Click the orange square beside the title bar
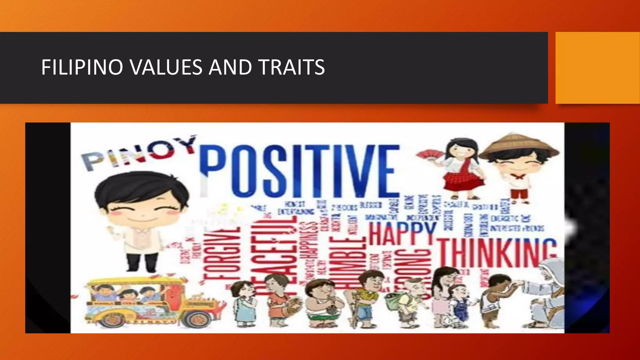pyautogui.click(x=597, y=68)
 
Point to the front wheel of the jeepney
pyautogui.click(x=197, y=319)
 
